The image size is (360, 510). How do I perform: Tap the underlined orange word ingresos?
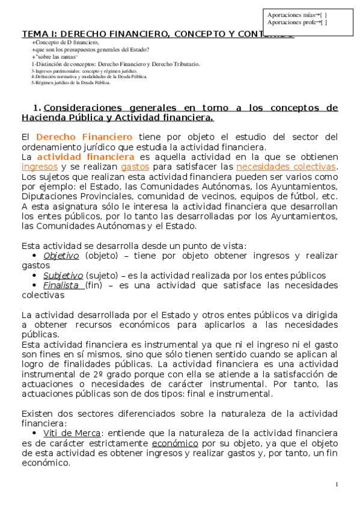[40, 167]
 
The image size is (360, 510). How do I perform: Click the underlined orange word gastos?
[135, 167]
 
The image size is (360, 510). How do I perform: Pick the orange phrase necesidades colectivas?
[287, 167]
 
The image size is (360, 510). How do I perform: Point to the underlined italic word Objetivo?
[61, 255]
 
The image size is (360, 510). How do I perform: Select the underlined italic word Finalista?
[63, 285]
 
